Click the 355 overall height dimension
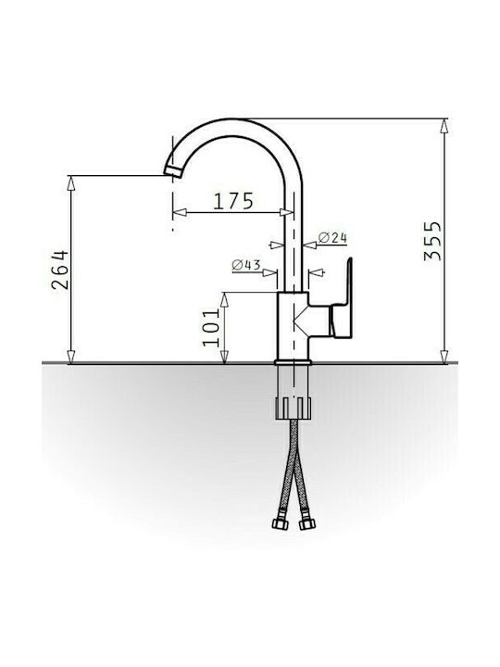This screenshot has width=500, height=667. coord(432,240)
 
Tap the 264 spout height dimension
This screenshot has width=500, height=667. coord(60,271)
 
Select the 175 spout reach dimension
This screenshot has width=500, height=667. coord(233,201)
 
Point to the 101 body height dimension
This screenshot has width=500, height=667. coord(211,327)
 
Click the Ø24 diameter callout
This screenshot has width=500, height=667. coord(332,238)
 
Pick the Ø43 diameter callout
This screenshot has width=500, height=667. coord(246,266)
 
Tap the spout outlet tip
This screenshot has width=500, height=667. coord(173,171)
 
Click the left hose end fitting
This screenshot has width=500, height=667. coord(280,523)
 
